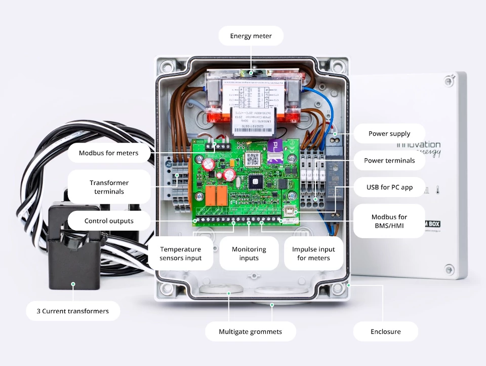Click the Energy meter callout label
pos(251,36)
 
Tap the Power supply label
pos(389,133)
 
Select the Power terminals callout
pos(389,160)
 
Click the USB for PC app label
pos(389,187)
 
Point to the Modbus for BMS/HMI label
pos(389,221)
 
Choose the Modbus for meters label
pos(108,153)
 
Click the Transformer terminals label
pos(109,187)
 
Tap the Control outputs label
pos(109,221)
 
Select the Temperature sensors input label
pos(180,253)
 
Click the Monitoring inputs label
pos(249,253)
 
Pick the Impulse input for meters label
pos(313,253)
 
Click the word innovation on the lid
pos(418,144)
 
